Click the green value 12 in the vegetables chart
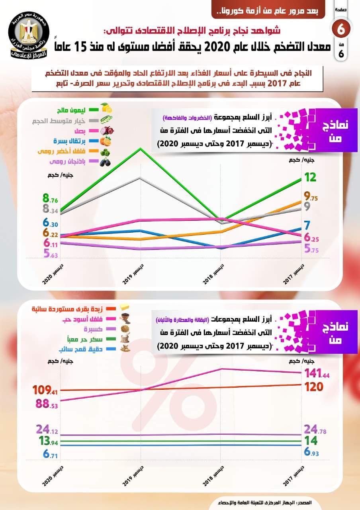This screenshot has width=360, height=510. pyautogui.click(x=310, y=177)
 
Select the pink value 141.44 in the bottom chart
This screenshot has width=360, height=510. pyautogui.click(x=317, y=373)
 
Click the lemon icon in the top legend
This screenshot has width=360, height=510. pyautogui.click(x=107, y=108)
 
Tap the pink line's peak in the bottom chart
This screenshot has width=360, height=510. pyautogui.click(x=221, y=369)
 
